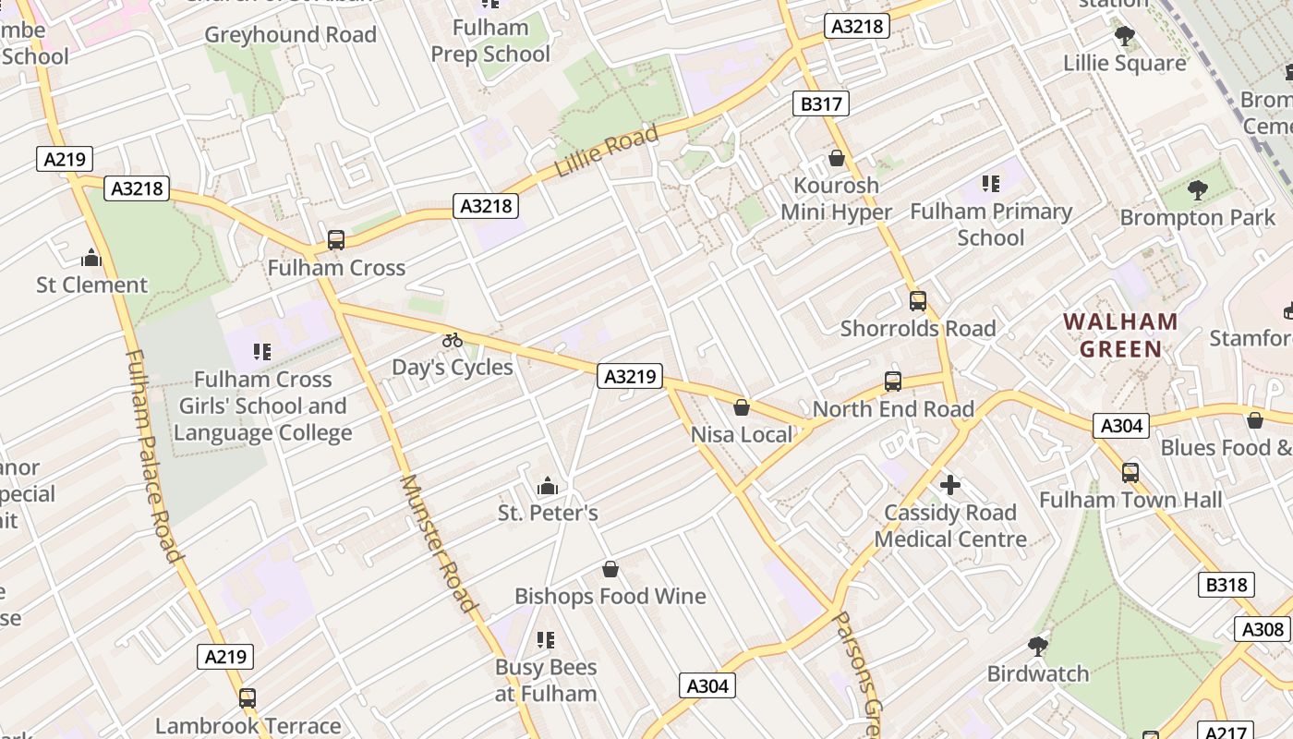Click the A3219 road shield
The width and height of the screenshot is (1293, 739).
coord(630,376)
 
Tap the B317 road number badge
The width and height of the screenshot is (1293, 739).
coord(820,103)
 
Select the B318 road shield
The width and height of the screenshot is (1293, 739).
coord(1227,585)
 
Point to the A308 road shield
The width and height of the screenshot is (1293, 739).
coord(1262,629)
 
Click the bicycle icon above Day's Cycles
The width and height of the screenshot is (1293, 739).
coord(452,340)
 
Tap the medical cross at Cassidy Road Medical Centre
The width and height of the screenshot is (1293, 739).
coord(949,485)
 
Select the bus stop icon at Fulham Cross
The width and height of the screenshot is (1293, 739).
coord(336,240)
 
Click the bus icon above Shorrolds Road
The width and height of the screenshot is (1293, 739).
coord(917,300)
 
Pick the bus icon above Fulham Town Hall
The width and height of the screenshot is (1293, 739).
coord(1130,473)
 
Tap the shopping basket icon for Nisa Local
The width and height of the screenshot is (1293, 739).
coord(741,407)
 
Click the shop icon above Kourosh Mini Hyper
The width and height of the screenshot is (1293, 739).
coord(836,158)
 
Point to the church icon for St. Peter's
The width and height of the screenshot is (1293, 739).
coord(548,486)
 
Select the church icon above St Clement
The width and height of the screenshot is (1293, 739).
coord(91,258)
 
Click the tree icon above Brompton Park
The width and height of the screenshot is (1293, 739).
coord(1197,190)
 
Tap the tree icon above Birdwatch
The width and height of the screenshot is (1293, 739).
coord(1037,646)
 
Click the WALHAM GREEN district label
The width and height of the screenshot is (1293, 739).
coord(1120,335)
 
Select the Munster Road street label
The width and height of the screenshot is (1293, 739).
coord(439,545)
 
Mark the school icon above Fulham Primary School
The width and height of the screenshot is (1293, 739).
coord(990,184)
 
